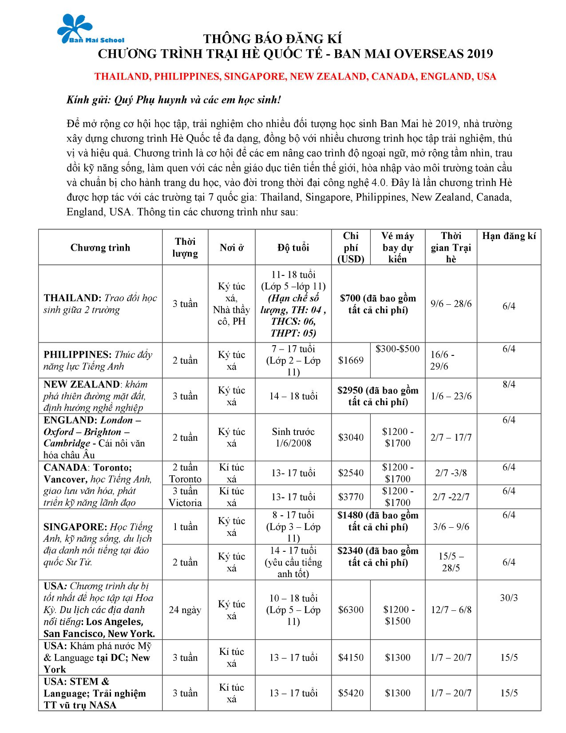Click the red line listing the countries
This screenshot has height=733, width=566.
tap(295, 76)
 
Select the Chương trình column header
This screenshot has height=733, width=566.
tap(100, 247)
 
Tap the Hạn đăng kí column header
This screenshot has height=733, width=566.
tap(509, 236)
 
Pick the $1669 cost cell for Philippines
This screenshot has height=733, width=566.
tap(351, 360)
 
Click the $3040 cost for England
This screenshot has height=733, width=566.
tap(351, 438)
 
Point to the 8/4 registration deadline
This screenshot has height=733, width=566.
tap(509, 385)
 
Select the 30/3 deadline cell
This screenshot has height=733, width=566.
tap(509, 598)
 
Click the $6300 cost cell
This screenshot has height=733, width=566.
tap(351, 610)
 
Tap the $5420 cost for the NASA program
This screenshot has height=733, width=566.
tap(351, 693)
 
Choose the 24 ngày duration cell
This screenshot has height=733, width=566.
tap(185, 610)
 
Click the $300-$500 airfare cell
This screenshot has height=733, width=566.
tap(397, 349)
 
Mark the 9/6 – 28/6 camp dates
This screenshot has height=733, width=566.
tap(451, 304)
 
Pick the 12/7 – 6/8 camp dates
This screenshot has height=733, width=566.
tap(451, 610)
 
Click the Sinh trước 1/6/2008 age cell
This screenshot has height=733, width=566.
tap(293, 438)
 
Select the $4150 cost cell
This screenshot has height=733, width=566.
tap(351, 657)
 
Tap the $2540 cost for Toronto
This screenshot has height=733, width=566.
tap(351, 473)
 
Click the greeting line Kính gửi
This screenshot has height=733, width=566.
tap(174, 100)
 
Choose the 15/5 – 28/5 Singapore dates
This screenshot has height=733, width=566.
tap(451, 562)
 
